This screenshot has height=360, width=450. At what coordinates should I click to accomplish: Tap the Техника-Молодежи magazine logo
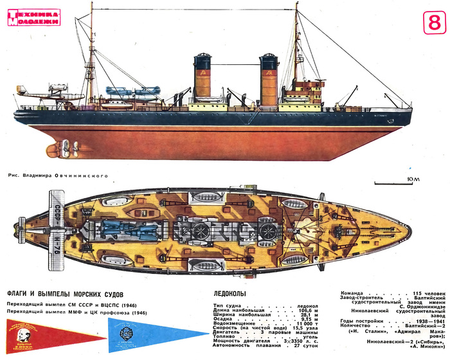35,17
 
